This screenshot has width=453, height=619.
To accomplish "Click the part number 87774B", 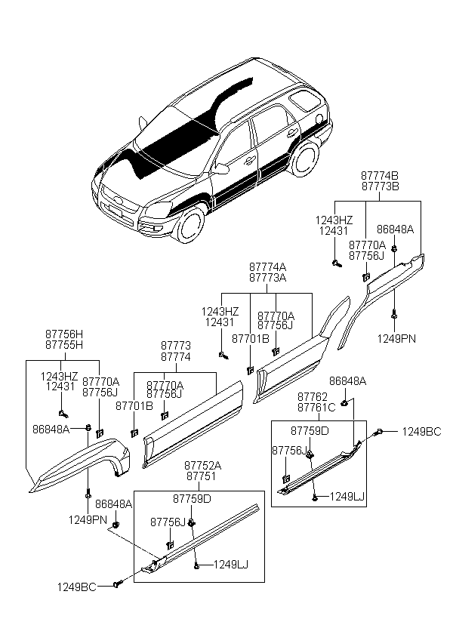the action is pyautogui.click(x=380, y=175).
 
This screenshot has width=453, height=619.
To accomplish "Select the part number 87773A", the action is pyautogui.click(x=267, y=278).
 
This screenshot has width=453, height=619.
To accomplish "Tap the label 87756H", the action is pyautogui.click(x=64, y=334).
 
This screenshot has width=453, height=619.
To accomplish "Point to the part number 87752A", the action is pyautogui.click(x=202, y=466).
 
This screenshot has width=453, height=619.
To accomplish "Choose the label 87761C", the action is pyautogui.click(x=316, y=408).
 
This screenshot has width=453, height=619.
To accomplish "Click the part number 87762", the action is pyautogui.click(x=313, y=397).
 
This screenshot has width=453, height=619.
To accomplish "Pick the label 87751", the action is pyautogui.click(x=202, y=476).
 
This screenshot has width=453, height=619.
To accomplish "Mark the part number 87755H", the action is pyautogui.click(x=64, y=345).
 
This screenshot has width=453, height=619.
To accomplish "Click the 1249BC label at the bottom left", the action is pyautogui.click(x=76, y=587).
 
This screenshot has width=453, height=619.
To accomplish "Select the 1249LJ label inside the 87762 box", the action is pyautogui.click(x=347, y=497).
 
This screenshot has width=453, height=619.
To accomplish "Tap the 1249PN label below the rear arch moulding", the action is pyautogui.click(x=396, y=339).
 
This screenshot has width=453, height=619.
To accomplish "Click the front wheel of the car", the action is pyautogui.click(x=191, y=224).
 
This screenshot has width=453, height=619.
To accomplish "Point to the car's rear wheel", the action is pyautogui.click(x=304, y=157).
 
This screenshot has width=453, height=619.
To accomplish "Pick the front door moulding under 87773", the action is pyautogui.click(x=193, y=424).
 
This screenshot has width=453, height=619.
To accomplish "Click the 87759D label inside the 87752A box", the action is pyautogui.click(x=192, y=499).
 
